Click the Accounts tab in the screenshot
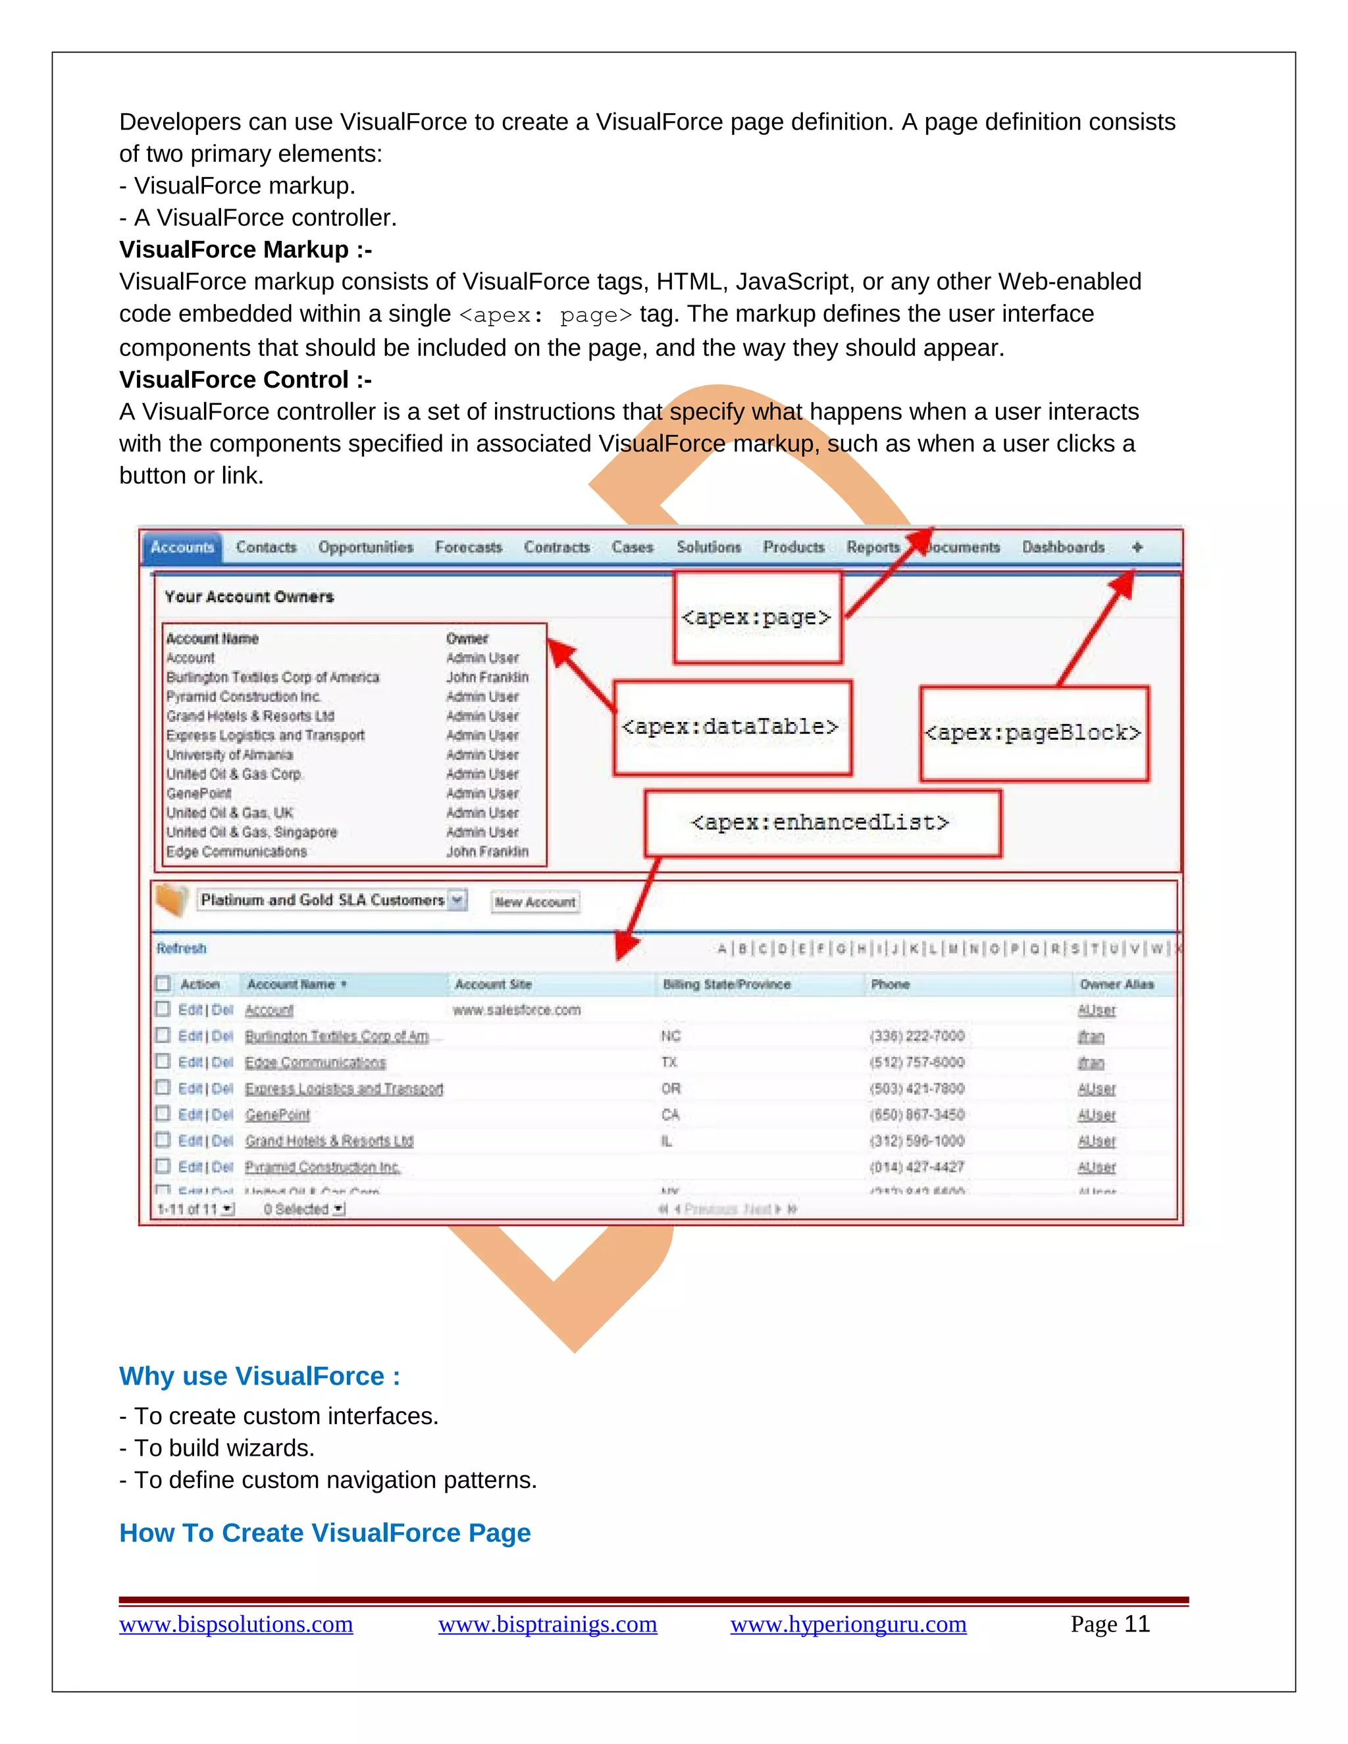[182, 548]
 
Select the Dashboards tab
[1063, 548]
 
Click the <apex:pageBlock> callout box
[1033, 733]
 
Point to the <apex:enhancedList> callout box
[821, 823]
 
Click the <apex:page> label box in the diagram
[757, 617]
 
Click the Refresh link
[181, 948]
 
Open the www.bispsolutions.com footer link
[236, 1624]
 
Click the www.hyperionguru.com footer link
[848, 1624]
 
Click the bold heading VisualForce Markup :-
[245, 250]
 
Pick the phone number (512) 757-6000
[917, 1063]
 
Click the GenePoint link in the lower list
[277, 1115]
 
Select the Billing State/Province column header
[726, 985]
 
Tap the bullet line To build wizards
[224, 1448]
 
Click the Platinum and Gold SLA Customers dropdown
[332, 901]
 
